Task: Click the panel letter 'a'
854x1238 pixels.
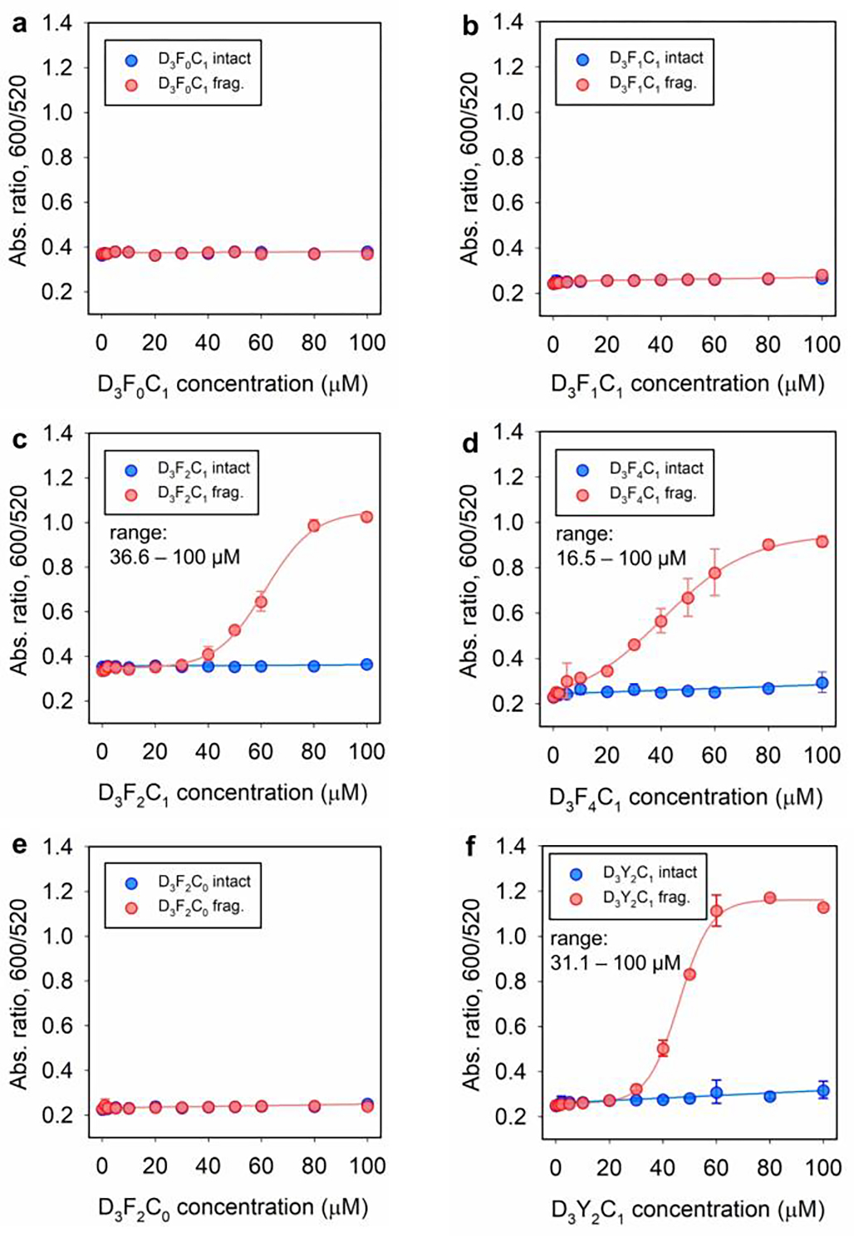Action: [18, 24]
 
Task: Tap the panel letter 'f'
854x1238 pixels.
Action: [471, 846]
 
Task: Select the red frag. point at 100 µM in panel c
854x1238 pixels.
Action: [366, 517]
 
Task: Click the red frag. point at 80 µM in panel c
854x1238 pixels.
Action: [314, 525]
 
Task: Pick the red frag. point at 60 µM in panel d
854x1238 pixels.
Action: [714, 572]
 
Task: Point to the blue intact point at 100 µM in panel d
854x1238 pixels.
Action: [822, 684]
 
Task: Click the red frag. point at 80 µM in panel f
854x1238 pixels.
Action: [769, 898]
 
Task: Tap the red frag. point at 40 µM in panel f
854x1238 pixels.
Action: [663, 1049]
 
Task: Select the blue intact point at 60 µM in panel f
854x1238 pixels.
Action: [716, 1093]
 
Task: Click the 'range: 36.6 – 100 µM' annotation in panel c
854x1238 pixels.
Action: [174, 545]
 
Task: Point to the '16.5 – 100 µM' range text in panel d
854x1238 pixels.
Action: [621, 558]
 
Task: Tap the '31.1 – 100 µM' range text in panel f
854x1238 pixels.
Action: [616, 964]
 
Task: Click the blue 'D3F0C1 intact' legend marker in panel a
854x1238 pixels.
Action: [131, 60]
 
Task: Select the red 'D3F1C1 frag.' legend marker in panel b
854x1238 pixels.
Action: [582, 84]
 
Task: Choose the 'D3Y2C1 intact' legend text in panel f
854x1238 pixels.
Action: [650, 873]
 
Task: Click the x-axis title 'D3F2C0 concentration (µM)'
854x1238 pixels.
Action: [233, 1207]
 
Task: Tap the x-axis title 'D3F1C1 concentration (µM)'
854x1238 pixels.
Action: [687, 385]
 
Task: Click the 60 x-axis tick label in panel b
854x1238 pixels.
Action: [714, 344]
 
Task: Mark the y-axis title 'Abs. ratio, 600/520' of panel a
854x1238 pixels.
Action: [19, 171]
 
